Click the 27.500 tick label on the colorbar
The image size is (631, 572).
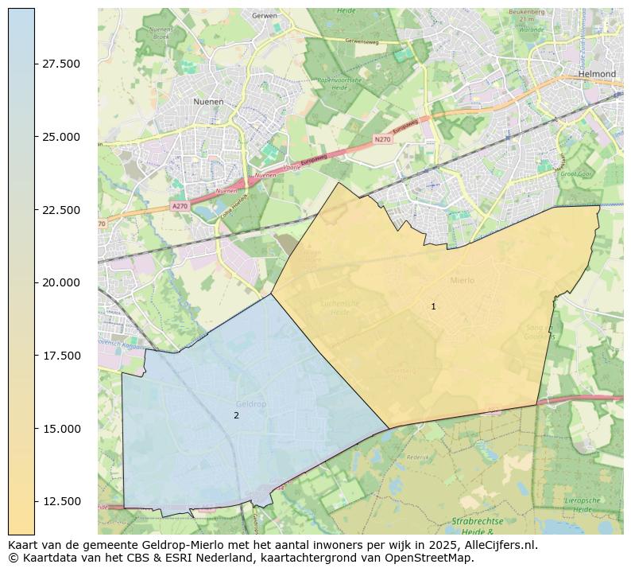pyautogui.click(x=61, y=64)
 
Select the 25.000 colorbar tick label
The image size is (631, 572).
pyautogui.click(x=61, y=137)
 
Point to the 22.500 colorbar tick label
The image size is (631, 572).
pyautogui.click(x=61, y=210)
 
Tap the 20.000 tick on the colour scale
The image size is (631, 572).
pyautogui.click(x=61, y=282)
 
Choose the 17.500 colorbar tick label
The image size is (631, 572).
pyautogui.click(x=61, y=356)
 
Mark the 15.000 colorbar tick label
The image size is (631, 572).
pyautogui.click(x=61, y=429)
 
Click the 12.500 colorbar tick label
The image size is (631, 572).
pyautogui.click(x=61, y=501)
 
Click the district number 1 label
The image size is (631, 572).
pyautogui.click(x=433, y=306)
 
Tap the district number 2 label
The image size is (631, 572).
pyautogui.click(x=236, y=415)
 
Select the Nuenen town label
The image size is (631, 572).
pyautogui.click(x=208, y=102)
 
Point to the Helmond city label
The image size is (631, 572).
pyautogui.click(x=598, y=74)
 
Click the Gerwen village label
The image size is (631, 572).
pyautogui.click(x=262, y=15)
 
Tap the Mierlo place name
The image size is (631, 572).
pyautogui.click(x=462, y=280)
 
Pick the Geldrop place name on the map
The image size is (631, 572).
pyautogui.click(x=251, y=404)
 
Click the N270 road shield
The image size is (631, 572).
pyautogui.click(x=382, y=139)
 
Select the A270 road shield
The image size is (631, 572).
pyautogui.click(x=180, y=206)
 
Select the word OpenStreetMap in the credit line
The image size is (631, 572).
pyautogui.click(x=430, y=558)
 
